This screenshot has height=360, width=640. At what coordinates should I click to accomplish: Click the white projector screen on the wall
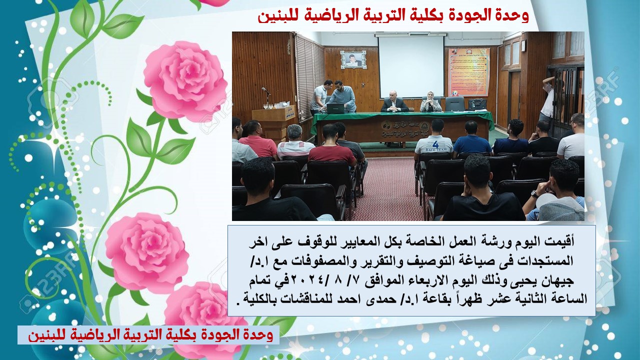coord(411,66)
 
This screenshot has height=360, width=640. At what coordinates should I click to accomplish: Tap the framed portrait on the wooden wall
coord(353,60)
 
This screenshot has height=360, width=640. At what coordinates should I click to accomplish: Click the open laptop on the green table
coord(335,108)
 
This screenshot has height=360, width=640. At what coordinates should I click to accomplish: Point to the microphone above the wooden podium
coord(266,91)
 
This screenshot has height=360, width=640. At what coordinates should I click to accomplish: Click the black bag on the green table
coord(477,104)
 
